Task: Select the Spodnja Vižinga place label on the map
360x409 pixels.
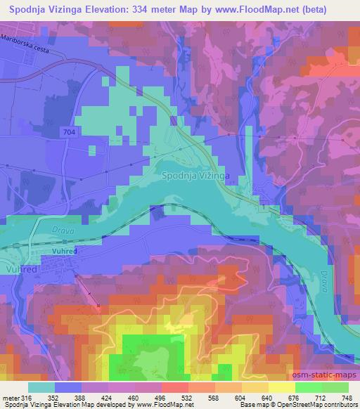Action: (198, 176)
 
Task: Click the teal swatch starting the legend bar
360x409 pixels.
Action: (41, 387)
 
